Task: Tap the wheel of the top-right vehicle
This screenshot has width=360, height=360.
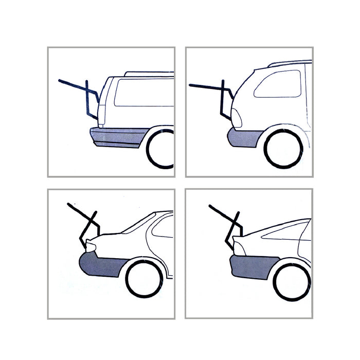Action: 283,149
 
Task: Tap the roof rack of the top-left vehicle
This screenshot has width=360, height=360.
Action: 149,74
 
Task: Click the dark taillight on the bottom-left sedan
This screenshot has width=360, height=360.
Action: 91,248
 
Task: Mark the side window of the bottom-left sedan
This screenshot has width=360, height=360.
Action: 163,229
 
